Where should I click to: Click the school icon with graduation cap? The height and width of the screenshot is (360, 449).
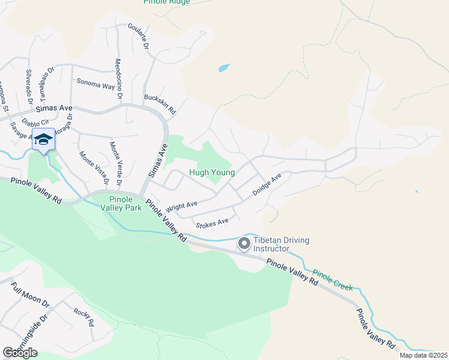[x=43, y=140]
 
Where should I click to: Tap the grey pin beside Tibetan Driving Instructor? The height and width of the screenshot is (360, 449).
[x=244, y=244]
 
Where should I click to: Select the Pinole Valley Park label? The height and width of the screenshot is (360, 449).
[x=125, y=203]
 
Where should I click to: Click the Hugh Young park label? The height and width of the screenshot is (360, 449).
[x=212, y=172]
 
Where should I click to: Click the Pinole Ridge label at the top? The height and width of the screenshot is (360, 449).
[x=167, y=2]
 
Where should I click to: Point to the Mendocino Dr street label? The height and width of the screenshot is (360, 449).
[x=119, y=79]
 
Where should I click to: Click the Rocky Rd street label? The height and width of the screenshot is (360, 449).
[x=83, y=316]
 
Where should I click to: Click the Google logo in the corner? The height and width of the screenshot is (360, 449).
[x=20, y=353]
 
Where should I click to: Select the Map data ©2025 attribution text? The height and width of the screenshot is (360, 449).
[x=423, y=355]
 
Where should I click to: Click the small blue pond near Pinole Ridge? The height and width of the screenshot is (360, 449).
[x=223, y=68]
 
